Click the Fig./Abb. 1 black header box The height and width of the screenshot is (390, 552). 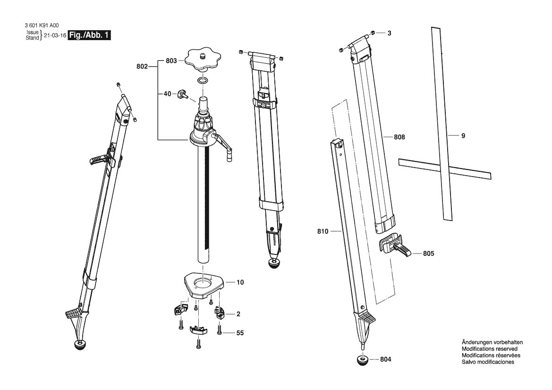[89, 35]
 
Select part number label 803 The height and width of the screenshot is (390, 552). [171, 61]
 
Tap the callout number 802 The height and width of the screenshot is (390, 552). [142, 66]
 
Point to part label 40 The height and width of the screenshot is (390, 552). [167, 93]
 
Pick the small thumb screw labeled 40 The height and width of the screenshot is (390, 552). [183, 93]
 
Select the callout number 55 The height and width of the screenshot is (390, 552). [240, 333]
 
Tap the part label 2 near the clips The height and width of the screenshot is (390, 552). [238, 314]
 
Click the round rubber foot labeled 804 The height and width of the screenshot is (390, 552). [362, 360]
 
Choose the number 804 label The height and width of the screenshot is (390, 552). [385, 359]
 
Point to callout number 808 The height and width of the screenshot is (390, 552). [399, 137]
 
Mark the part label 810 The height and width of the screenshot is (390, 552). [323, 231]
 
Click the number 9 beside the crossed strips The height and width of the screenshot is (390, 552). [463, 136]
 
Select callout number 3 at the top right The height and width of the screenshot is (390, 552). [390, 33]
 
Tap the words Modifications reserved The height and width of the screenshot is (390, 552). [490, 349]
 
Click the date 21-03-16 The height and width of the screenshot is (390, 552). [55, 35]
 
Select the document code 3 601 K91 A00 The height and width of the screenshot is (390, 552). [42, 25]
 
